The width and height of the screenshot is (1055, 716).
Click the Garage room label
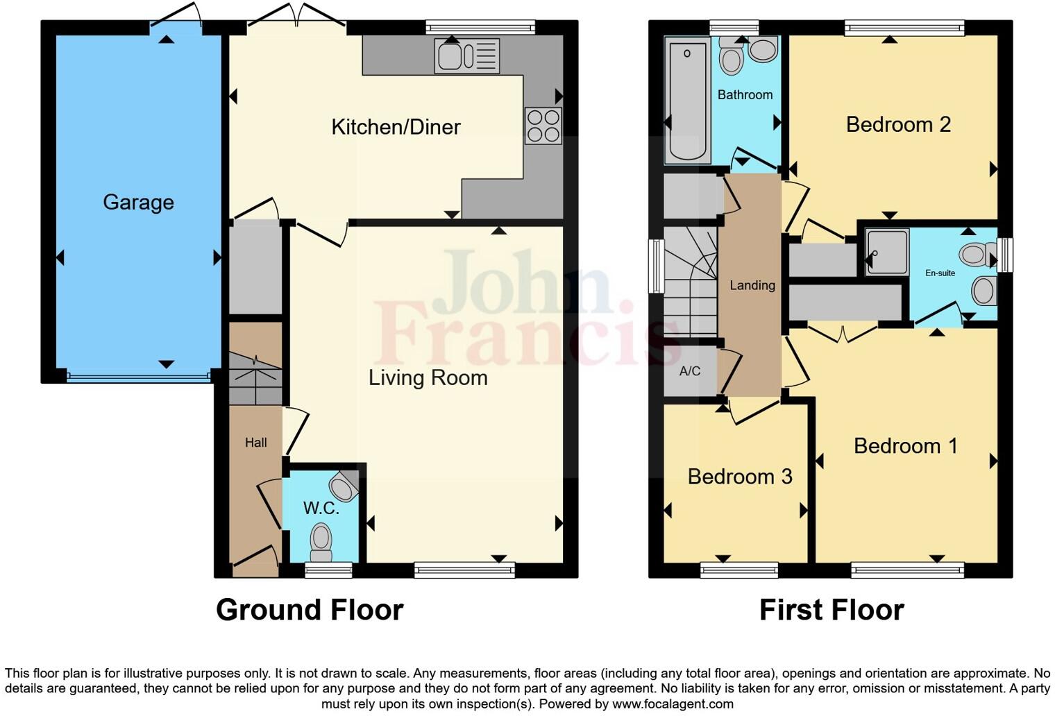coord(138,202)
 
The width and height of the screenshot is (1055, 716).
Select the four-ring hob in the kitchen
coord(543,126)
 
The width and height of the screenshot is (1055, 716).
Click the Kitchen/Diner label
coord(396,127)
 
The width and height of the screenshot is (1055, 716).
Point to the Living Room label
coord(428,377)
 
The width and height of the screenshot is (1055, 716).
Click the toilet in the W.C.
coord(321,540)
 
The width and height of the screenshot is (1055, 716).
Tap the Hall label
coord(255,443)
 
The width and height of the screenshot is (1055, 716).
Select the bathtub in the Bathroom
coord(686,100)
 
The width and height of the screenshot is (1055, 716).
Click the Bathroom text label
coord(745,95)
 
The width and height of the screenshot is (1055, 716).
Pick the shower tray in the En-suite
coord(887,252)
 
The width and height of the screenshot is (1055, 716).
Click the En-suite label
coord(940,273)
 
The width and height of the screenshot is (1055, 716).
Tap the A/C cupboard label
coord(689,371)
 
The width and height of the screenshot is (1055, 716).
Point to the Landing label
coord(752,285)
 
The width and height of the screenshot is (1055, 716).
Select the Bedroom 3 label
coord(740,477)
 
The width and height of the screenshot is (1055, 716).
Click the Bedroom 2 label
coord(898,125)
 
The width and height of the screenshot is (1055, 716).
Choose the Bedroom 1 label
coord(905,445)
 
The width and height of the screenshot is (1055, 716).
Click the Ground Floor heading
coord(310,610)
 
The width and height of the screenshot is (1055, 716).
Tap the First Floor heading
coord(832,610)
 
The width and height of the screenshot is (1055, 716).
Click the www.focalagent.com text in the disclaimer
coord(673,704)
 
